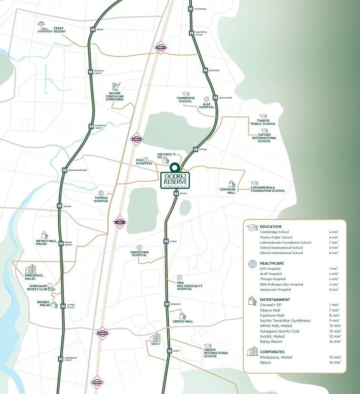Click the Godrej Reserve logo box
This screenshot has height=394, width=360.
175,181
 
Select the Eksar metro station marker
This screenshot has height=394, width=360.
92,30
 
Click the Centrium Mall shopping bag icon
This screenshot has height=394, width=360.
232,184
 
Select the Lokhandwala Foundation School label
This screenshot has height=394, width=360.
267,189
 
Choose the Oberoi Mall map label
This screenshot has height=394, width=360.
183,321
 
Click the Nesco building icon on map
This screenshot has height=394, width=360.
155,338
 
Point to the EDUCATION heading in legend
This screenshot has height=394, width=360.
271,227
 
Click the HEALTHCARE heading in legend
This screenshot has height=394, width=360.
272,263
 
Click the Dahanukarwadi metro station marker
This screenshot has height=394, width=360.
64,170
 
